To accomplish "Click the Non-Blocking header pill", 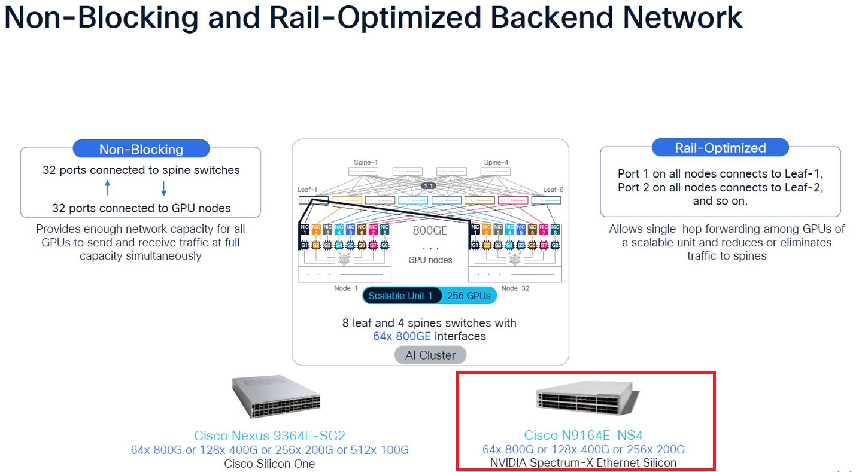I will [141, 149].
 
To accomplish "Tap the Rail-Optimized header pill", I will [720, 148].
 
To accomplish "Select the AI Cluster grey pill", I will [430, 355].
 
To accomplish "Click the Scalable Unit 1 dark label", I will [400, 296].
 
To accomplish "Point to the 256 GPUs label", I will [468, 296].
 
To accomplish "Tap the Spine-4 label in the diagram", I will [496, 162].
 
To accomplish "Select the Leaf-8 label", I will [553, 190].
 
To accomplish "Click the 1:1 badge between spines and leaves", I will [429, 187].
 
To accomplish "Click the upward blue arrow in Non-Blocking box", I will [108, 188].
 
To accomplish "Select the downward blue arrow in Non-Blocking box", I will [163, 188].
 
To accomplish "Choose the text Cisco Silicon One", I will [269, 464].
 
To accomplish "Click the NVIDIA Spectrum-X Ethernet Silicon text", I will [583, 462].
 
